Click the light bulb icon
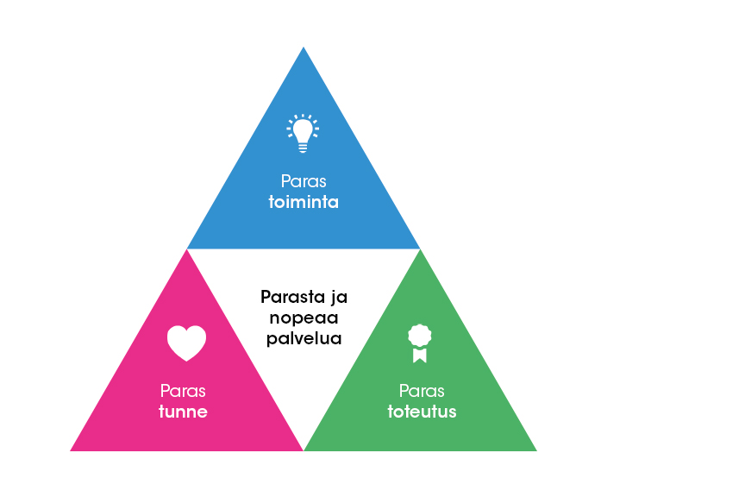point(303,133)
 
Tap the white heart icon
point(186,343)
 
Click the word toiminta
point(303,203)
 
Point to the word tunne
point(183,412)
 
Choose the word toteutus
point(422,412)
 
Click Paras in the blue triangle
point(303,182)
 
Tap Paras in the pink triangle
point(183,391)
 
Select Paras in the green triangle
point(422,391)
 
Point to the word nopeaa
point(304,318)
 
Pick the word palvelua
point(304,338)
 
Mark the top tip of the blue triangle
point(304,48)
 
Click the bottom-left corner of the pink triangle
point(72,450)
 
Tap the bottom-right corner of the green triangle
point(535,450)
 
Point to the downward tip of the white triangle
point(304,449)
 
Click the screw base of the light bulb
point(303,148)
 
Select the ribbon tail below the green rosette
point(420,355)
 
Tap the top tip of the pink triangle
point(187,251)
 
